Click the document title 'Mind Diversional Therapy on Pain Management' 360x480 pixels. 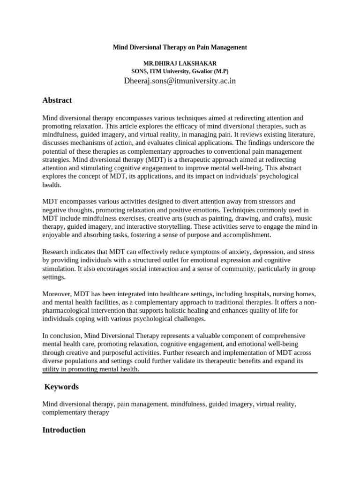[180, 47]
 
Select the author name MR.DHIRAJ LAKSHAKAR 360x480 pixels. [180, 63]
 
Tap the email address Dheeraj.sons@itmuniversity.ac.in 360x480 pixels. [180, 81]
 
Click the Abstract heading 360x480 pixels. [57, 100]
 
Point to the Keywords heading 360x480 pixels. [61, 387]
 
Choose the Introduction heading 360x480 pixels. [64, 430]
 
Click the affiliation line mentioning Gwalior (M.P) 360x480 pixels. [180, 71]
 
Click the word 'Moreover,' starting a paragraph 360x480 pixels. [57, 294]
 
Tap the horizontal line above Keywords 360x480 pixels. [180, 373]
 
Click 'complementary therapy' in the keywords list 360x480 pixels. [75, 412]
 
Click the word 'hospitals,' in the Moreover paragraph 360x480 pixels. [247, 294]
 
